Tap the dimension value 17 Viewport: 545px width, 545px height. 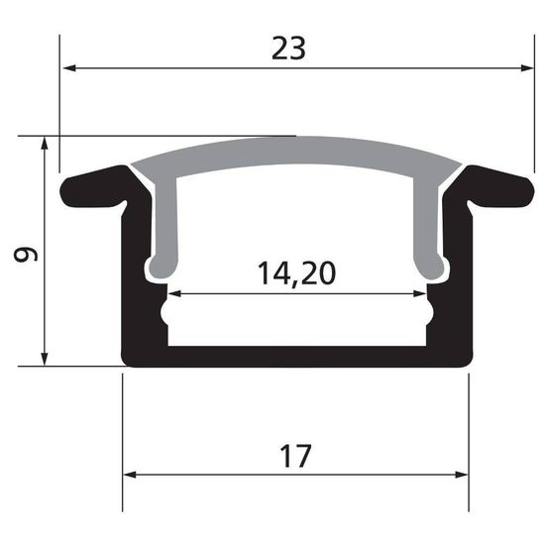tap(295, 457)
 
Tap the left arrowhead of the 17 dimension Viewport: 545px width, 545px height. tap(129, 474)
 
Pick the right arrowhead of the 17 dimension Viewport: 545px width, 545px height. tap(462, 474)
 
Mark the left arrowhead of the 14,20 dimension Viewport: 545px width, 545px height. tap(174, 294)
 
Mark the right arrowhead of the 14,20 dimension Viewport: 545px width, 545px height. tap(420, 294)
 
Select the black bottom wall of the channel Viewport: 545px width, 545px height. tap(295, 356)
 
